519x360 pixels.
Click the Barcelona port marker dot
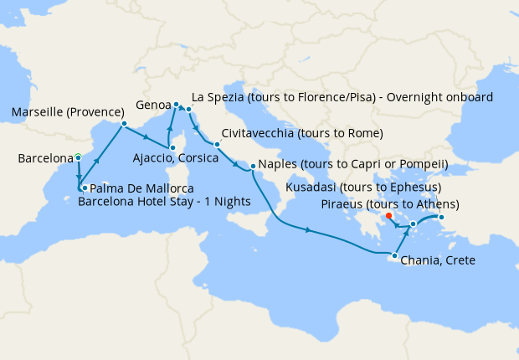pos(78,157)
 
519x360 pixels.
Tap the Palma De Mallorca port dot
pos(85,188)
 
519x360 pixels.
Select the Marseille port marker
pos(124,125)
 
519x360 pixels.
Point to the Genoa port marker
pos(176,105)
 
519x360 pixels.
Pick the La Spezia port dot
pos(189,110)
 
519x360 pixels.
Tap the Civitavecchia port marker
pos(217,145)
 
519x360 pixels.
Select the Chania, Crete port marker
pos(394,255)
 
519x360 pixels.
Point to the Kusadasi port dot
pos(442,219)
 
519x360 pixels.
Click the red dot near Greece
pos(389,216)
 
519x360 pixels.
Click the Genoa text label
pos(153,106)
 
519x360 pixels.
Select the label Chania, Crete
pos(438,261)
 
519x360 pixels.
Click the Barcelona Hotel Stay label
pos(152,202)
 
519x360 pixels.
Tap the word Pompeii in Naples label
pos(419,163)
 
